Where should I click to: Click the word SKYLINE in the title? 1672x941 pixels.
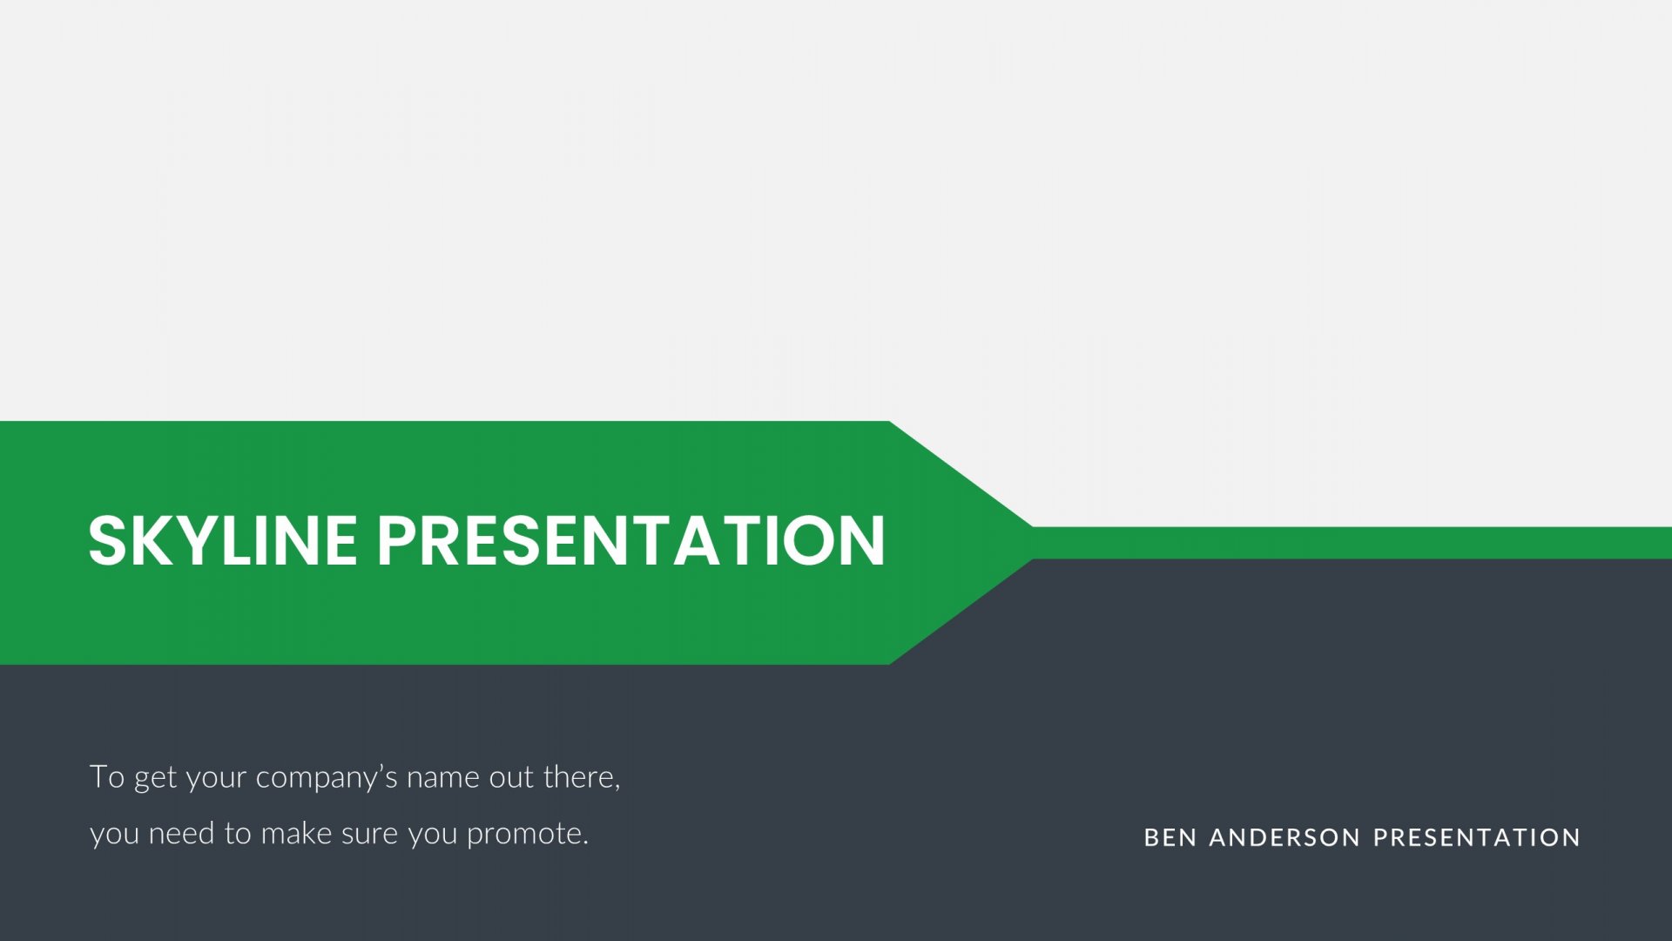click(x=223, y=540)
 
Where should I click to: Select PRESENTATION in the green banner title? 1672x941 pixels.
click(x=631, y=540)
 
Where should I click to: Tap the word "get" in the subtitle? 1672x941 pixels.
click(x=155, y=778)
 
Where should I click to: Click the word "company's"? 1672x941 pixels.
click(x=327, y=778)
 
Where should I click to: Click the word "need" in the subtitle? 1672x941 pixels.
click(x=181, y=834)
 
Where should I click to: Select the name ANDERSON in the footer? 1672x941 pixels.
click(x=1284, y=837)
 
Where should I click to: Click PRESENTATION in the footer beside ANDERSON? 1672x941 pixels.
click(x=1476, y=837)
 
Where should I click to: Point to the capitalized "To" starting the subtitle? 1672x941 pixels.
click(x=107, y=776)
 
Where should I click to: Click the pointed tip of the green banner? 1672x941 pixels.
click(x=1033, y=542)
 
